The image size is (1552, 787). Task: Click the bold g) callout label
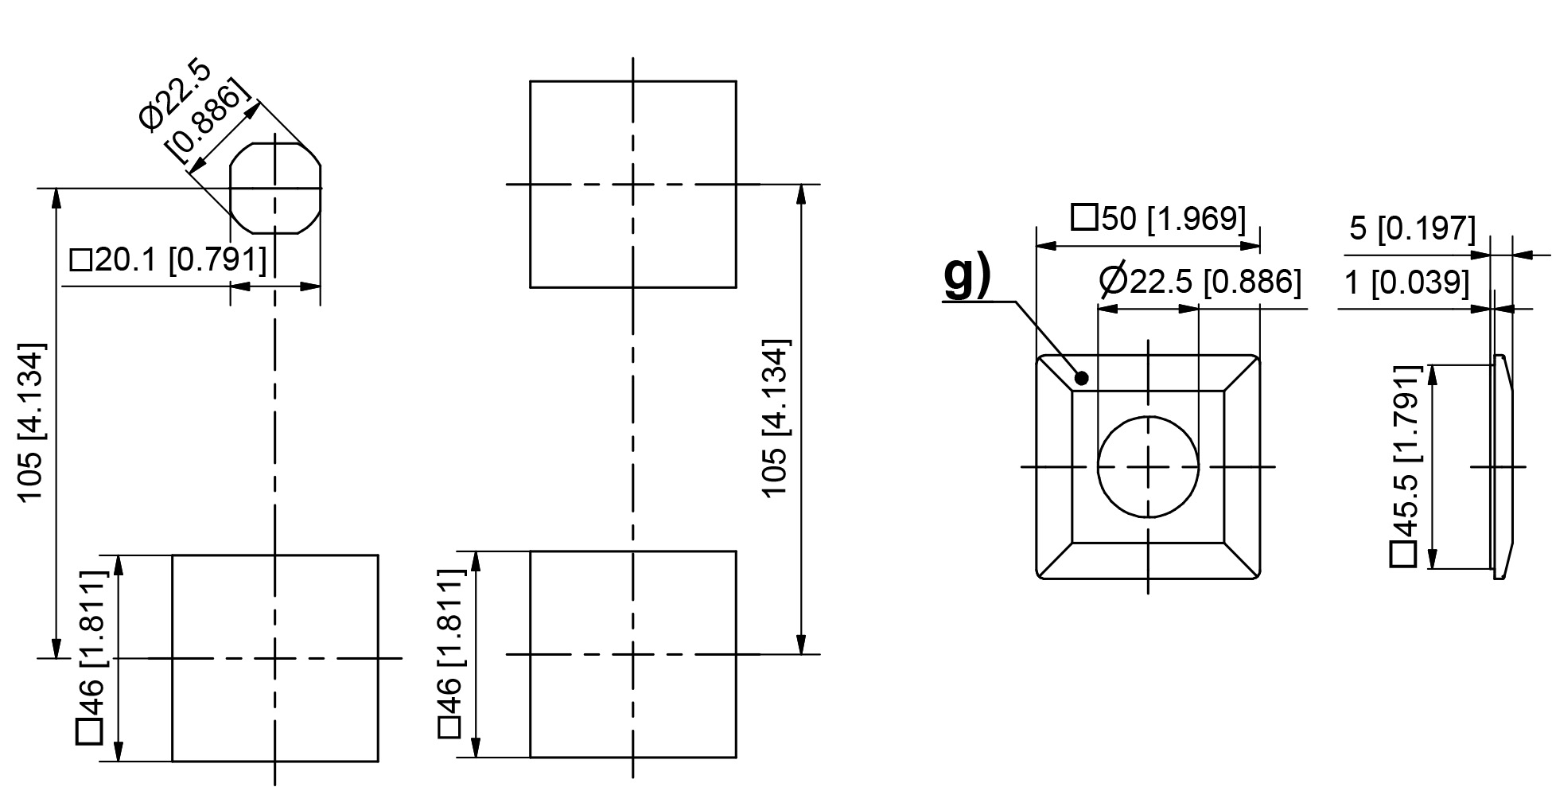tap(967, 275)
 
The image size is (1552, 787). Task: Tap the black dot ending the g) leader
tap(1081, 378)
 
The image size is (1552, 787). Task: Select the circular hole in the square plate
tap(1147, 467)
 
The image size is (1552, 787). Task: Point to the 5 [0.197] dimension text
tap(1412, 228)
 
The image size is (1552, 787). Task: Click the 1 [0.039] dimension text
tap(1406, 282)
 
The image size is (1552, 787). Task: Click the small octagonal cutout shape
tap(275, 188)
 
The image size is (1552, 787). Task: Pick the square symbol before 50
tap(1083, 218)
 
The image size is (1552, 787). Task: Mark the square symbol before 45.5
tap(1404, 555)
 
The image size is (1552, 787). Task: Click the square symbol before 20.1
tap(81, 260)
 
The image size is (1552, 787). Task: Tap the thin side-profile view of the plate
tap(1500, 466)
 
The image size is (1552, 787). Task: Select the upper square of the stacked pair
tap(632, 184)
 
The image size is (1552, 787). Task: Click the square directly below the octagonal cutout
tap(275, 658)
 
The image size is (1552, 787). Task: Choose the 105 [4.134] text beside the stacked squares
tap(776, 419)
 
